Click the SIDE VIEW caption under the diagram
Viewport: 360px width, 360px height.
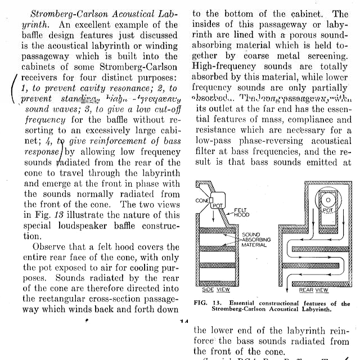(208, 290)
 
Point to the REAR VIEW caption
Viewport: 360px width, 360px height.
(313, 290)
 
